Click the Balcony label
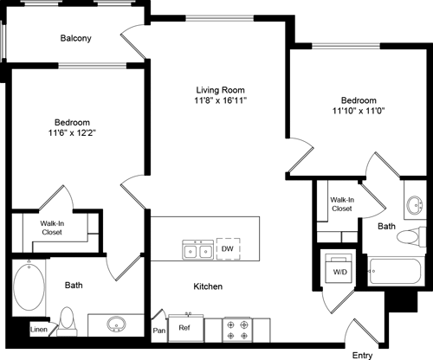pyautogui.click(x=76, y=38)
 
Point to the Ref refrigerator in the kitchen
pyautogui.click(x=184, y=328)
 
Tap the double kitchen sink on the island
pyautogui.click(x=197, y=250)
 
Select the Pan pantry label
pyautogui.click(x=158, y=330)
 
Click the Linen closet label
pyautogui.click(x=38, y=330)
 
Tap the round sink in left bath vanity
pyautogui.click(x=114, y=325)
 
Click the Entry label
pyautogui.click(x=363, y=355)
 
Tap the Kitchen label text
pyautogui.click(x=208, y=286)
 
